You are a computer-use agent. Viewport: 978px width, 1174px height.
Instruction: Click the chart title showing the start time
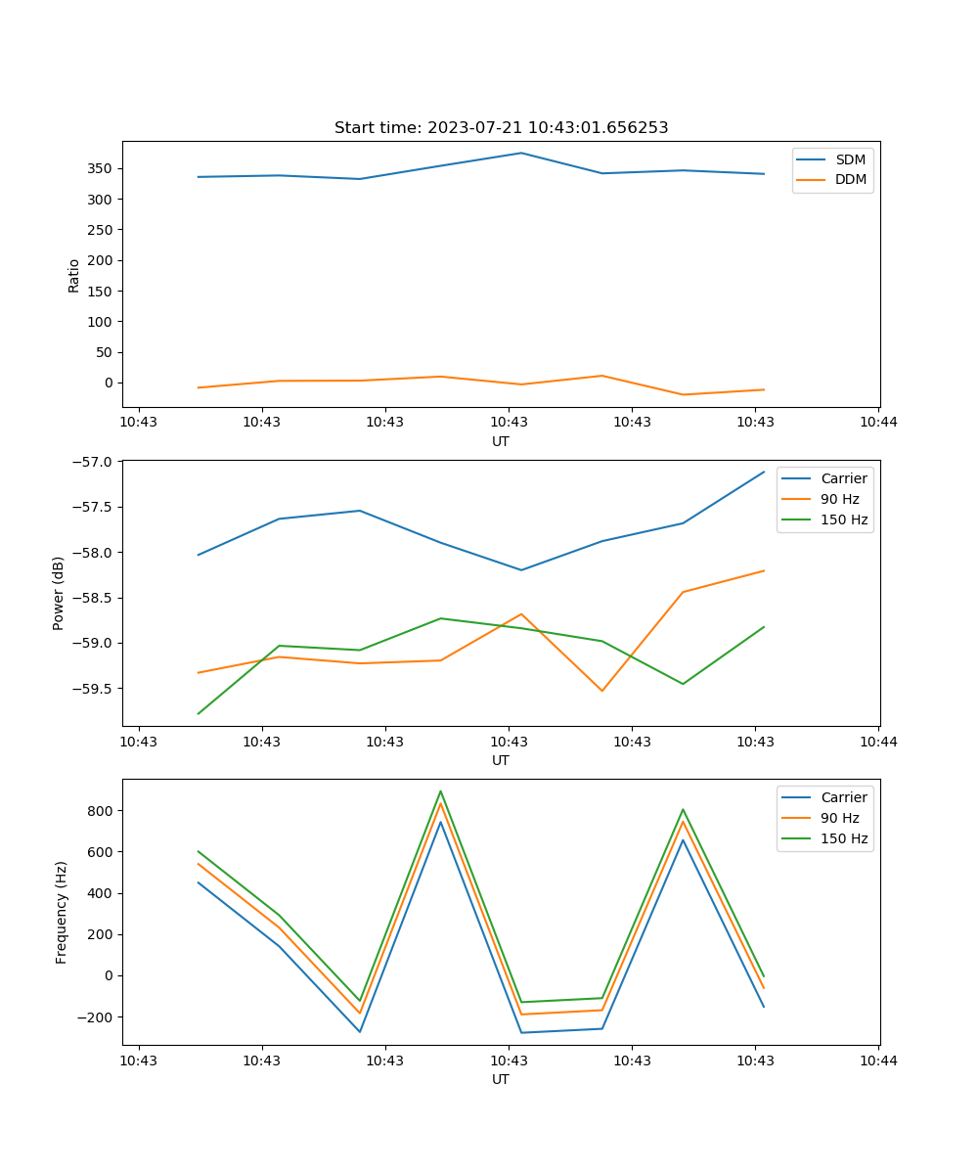click(501, 128)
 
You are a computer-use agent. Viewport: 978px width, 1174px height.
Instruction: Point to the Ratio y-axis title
click(74, 275)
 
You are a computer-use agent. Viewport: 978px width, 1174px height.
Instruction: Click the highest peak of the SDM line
click(521, 153)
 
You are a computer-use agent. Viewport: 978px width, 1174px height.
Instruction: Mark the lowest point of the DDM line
click(683, 394)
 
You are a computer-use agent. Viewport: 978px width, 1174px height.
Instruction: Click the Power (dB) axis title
click(59, 593)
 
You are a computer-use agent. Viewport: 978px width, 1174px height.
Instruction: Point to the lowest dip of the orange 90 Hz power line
click(601, 691)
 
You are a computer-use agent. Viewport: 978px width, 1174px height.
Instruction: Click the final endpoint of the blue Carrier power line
click(764, 472)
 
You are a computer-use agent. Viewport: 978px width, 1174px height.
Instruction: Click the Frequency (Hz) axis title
click(62, 912)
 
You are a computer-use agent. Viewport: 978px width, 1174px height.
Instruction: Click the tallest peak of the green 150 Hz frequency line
click(440, 791)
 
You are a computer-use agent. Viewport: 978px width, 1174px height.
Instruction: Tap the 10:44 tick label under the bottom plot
click(878, 1060)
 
